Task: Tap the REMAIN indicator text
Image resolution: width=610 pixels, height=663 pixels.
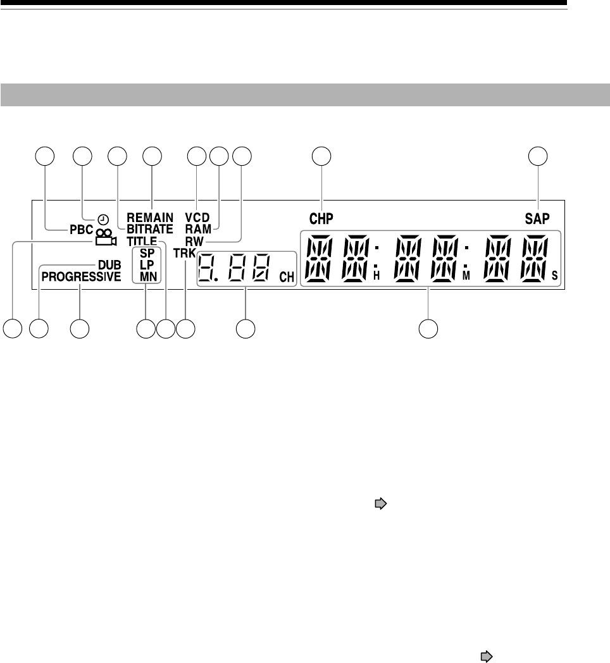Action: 149,217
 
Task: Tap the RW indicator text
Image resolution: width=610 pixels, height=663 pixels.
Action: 194,240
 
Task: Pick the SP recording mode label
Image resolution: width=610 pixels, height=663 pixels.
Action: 146,254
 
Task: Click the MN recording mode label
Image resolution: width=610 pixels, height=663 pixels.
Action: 146,276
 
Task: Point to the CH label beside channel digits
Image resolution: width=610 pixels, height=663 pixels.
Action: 285,276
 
